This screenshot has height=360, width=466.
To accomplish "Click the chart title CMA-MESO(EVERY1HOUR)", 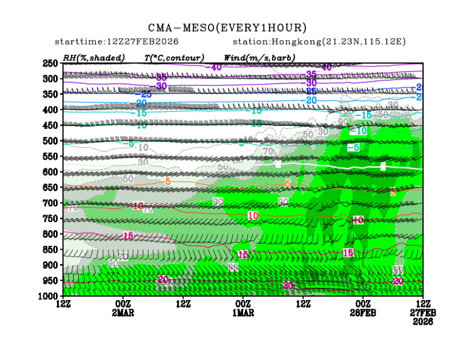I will [227, 28].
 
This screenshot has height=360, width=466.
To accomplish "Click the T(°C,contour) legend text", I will [174, 57].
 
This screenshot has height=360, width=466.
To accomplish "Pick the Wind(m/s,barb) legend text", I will [260, 57].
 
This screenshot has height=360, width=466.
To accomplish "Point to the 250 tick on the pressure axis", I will [51, 63].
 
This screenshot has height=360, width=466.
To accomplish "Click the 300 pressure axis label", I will [51, 79].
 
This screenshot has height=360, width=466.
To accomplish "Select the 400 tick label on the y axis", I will [51, 110].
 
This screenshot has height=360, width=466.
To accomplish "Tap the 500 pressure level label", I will [51, 141].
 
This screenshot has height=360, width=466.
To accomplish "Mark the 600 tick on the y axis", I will [51, 172].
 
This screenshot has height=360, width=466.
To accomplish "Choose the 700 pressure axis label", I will [51, 203].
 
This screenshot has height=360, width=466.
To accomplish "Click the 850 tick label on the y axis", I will [51, 249].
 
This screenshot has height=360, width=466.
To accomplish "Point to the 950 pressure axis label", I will [51, 280].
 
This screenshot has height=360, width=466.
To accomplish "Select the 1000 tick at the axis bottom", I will [49, 296].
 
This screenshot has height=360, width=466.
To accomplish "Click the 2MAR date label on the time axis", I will [123, 313].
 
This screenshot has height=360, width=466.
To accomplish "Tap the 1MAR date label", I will [244, 313].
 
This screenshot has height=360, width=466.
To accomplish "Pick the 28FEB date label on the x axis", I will [364, 313].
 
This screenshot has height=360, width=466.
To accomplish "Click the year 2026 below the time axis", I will [423, 321].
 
